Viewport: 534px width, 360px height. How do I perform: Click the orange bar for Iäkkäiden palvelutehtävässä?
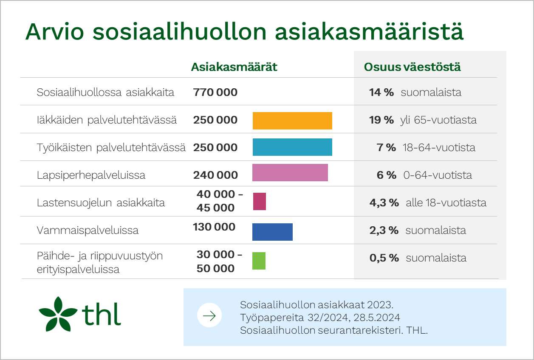tap(292, 121)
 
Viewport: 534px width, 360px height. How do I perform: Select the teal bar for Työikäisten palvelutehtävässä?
tap(292, 147)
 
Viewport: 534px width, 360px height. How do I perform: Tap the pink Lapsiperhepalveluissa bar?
tap(290, 172)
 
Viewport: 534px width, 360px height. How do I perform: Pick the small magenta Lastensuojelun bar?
tap(260, 201)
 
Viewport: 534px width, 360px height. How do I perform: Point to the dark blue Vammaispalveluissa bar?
tap(272, 232)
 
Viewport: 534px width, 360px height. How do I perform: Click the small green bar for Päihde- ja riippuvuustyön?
tap(259, 261)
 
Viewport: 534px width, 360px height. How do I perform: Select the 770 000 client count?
tap(215, 93)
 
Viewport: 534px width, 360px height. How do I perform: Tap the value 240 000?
tap(215, 175)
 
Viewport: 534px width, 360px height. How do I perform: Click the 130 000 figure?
tap(214, 227)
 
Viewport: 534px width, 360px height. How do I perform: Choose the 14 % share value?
tap(381, 93)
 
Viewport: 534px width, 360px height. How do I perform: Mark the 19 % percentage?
tap(381, 120)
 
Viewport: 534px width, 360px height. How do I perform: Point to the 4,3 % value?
tap(384, 203)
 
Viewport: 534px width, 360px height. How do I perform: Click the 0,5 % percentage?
tap(384, 258)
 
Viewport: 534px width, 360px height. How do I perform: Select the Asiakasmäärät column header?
tap(234, 67)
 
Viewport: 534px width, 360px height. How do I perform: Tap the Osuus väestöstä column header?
tap(413, 67)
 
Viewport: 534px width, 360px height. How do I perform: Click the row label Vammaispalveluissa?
tap(88, 231)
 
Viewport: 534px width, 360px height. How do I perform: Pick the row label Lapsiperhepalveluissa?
tap(91, 175)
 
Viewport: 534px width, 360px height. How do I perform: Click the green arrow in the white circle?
tap(209, 316)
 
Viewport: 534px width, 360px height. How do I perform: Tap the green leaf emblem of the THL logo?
tap(58, 314)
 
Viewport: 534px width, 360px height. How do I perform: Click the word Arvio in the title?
tap(55, 32)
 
